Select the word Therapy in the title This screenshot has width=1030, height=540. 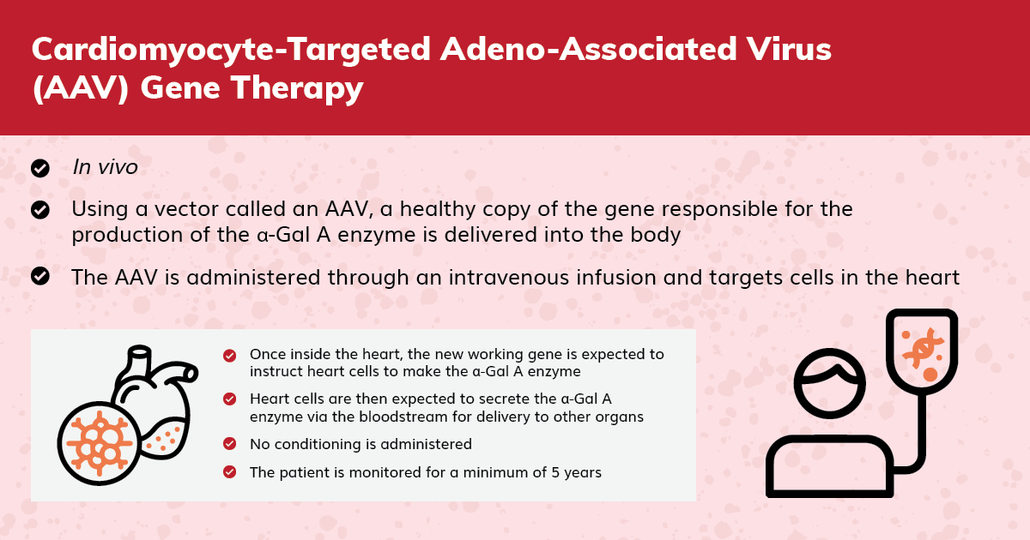tap(298, 88)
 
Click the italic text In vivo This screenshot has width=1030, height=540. tap(106, 167)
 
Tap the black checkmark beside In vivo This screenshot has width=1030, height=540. tap(40, 169)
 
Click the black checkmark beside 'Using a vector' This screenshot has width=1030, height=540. tap(40, 210)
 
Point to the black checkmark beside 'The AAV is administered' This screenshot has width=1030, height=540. tap(40, 276)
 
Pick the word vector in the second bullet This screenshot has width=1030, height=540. tap(186, 210)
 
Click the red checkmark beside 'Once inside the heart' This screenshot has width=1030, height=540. tap(229, 356)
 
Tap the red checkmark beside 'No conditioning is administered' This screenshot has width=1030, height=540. tap(229, 444)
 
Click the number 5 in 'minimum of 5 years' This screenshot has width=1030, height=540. tap(555, 472)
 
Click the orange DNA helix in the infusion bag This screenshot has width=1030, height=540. tap(923, 348)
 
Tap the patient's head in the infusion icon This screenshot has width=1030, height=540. tap(829, 383)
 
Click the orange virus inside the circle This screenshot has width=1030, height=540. tap(100, 443)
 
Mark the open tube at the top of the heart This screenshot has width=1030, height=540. tap(139, 353)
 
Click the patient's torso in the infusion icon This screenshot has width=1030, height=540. tap(829, 466)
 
